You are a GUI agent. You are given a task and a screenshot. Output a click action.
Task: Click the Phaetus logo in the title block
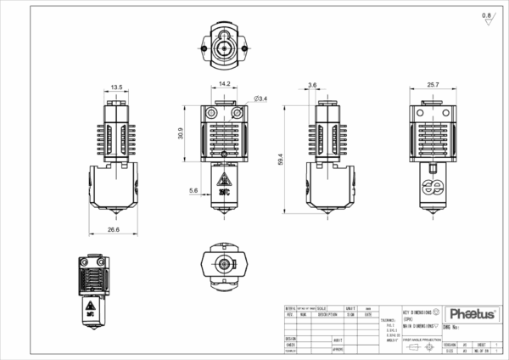click(473, 315)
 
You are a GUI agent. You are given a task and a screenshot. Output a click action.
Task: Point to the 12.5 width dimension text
click(117, 87)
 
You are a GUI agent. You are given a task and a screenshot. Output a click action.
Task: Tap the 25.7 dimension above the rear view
click(433, 84)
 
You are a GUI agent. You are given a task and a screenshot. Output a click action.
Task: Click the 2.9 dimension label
click(312, 86)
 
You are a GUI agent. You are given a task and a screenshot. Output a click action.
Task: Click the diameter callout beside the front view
click(261, 100)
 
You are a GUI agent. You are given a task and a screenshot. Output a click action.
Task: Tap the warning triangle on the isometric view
click(91, 305)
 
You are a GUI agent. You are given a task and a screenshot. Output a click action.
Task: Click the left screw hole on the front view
click(210, 113)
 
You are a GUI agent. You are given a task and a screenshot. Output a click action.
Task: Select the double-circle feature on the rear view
click(433, 188)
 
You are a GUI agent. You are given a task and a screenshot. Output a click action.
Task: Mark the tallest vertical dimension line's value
click(280, 158)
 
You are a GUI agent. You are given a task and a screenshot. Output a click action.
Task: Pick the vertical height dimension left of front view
click(182, 132)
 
